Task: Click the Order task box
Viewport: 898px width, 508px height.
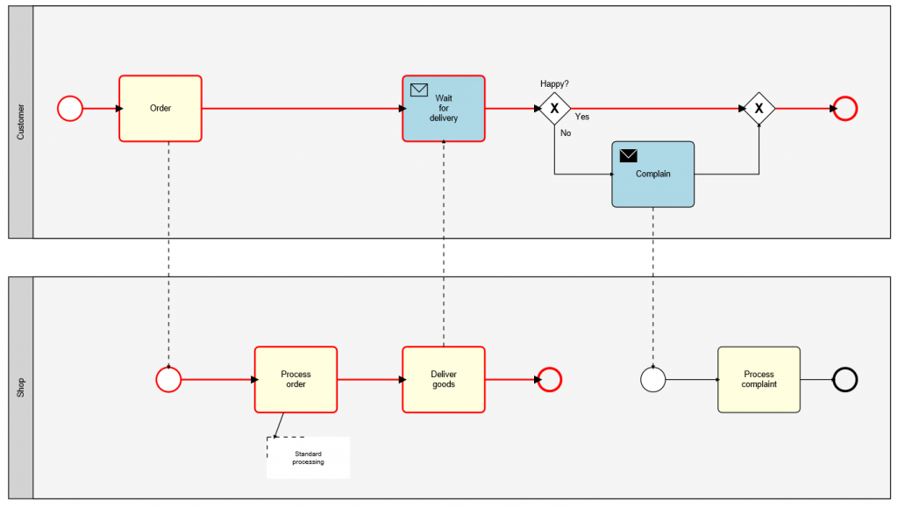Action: click(160, 108)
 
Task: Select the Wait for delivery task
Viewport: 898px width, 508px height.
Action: click(443, 108)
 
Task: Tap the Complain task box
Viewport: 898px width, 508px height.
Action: click(652, 174)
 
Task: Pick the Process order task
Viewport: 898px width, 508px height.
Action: click(296, 379)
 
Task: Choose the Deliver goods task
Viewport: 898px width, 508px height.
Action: click(443, 379)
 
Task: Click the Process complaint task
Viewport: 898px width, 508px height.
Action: click(759, 379)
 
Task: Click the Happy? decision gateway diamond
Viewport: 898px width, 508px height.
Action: click(554, 108)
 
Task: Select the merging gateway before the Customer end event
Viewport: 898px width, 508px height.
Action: click(759, 108)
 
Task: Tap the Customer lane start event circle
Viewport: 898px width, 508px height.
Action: click(70, 108)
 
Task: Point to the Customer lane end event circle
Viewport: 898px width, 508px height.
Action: click(845, 108)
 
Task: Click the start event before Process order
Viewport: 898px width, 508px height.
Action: click(168, 379)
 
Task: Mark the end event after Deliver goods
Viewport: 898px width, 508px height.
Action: click(550, 379)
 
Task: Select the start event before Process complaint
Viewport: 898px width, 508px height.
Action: click(652, 379)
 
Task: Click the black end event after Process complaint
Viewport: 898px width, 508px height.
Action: click(845, 379)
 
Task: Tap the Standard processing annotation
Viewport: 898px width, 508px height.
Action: click(308, 457)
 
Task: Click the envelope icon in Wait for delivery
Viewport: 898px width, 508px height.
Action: click(419, 89)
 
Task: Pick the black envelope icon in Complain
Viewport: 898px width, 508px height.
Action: click(628, 155)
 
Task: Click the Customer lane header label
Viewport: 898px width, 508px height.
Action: click(21, 122)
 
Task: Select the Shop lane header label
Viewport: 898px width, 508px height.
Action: click(21, 388)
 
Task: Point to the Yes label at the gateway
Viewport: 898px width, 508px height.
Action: click(581, 117)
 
